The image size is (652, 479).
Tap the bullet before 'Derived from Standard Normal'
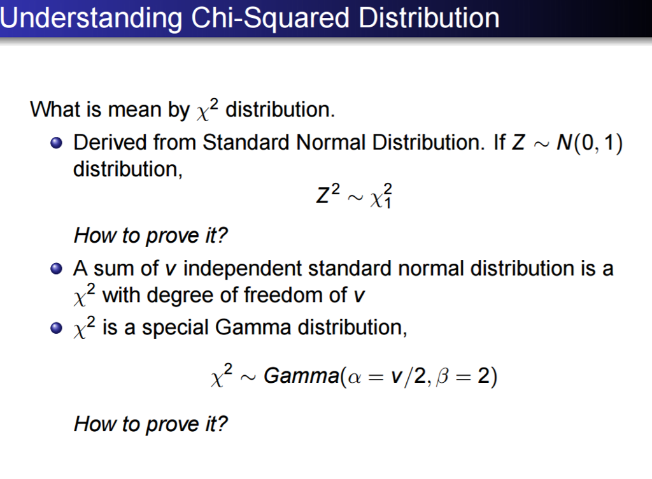click(x=58, y=143)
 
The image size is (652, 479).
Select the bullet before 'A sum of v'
click(x=58, y=268)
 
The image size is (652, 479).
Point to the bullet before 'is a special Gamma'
click(x=58, y=329)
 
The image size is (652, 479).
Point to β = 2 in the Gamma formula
click(x=462, y=376)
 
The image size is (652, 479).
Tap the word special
click(x=175, y=329)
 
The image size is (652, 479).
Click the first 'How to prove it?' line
click(x=151, y=236)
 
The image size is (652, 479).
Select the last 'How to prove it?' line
click(x=151, y=424)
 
